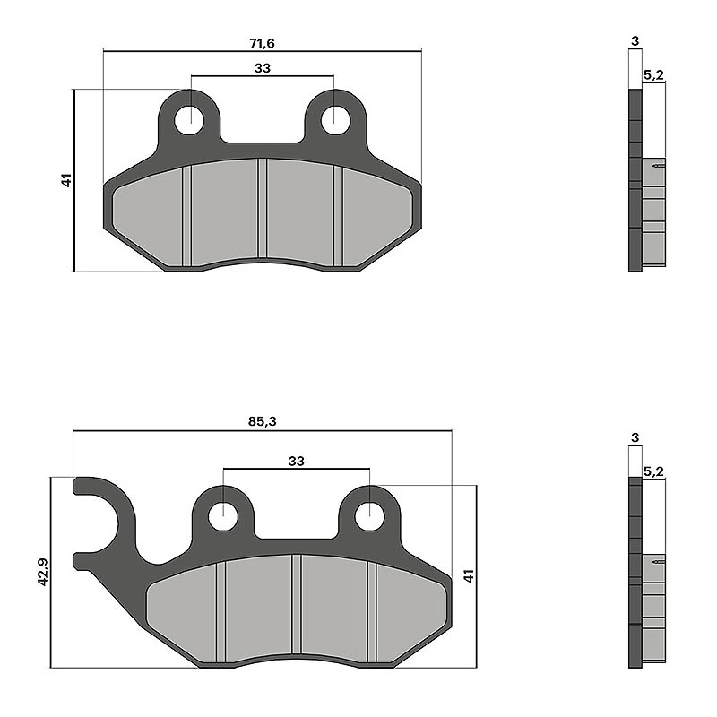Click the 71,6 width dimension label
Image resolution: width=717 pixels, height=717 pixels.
coord(262,43)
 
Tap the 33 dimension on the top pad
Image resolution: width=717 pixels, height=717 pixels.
coord(262,68)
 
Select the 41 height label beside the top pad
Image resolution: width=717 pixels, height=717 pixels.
coord(66,180)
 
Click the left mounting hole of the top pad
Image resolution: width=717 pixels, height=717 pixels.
coord(189,120)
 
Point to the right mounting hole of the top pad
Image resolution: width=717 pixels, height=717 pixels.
coord(335,120)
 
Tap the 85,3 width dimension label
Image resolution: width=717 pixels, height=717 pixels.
coord(262,421)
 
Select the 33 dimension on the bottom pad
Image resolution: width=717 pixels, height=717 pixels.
coord(296,461)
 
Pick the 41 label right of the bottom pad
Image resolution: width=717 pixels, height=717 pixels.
coord(469,576)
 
